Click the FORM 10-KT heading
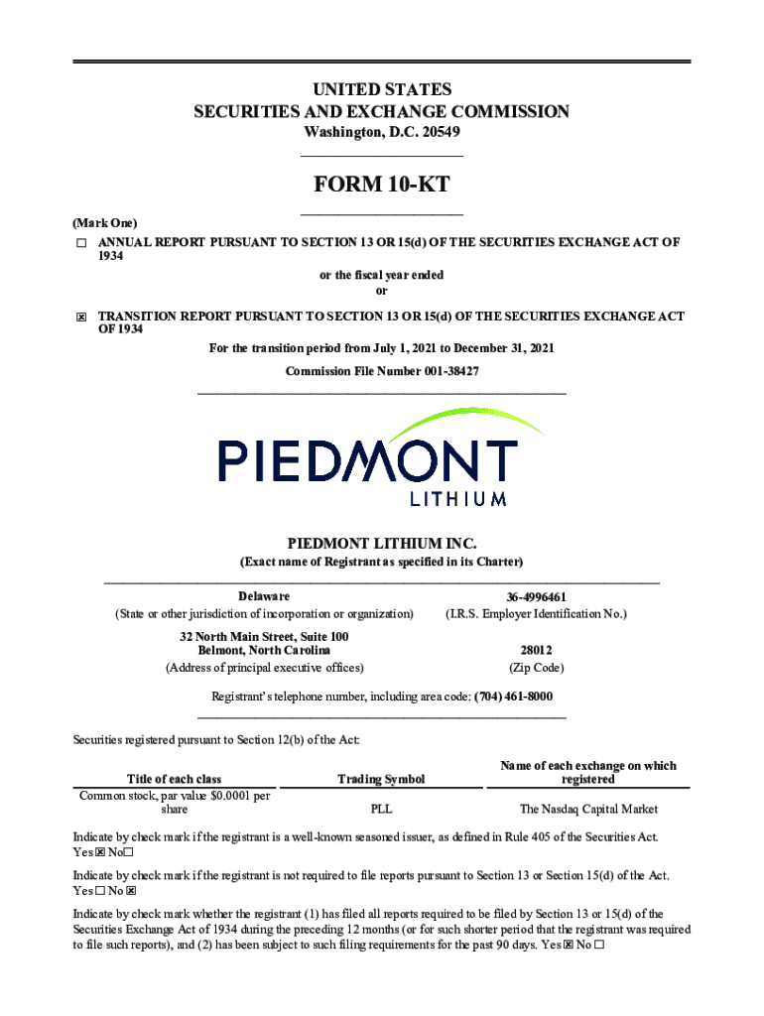[381, 185]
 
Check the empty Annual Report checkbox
[81, 243]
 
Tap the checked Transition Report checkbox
[81, 317]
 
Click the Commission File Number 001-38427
[382, 371]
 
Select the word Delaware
[264, 596]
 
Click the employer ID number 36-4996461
[536, 597]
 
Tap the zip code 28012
[536, 651]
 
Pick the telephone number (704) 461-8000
[513, 697]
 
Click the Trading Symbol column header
[381, 779]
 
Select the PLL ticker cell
[381, 809]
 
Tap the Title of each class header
[175, 779]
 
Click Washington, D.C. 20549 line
[381, 132]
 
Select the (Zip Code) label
[536, 668]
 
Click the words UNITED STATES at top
[381, 90]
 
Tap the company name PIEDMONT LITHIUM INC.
[381, 544]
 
